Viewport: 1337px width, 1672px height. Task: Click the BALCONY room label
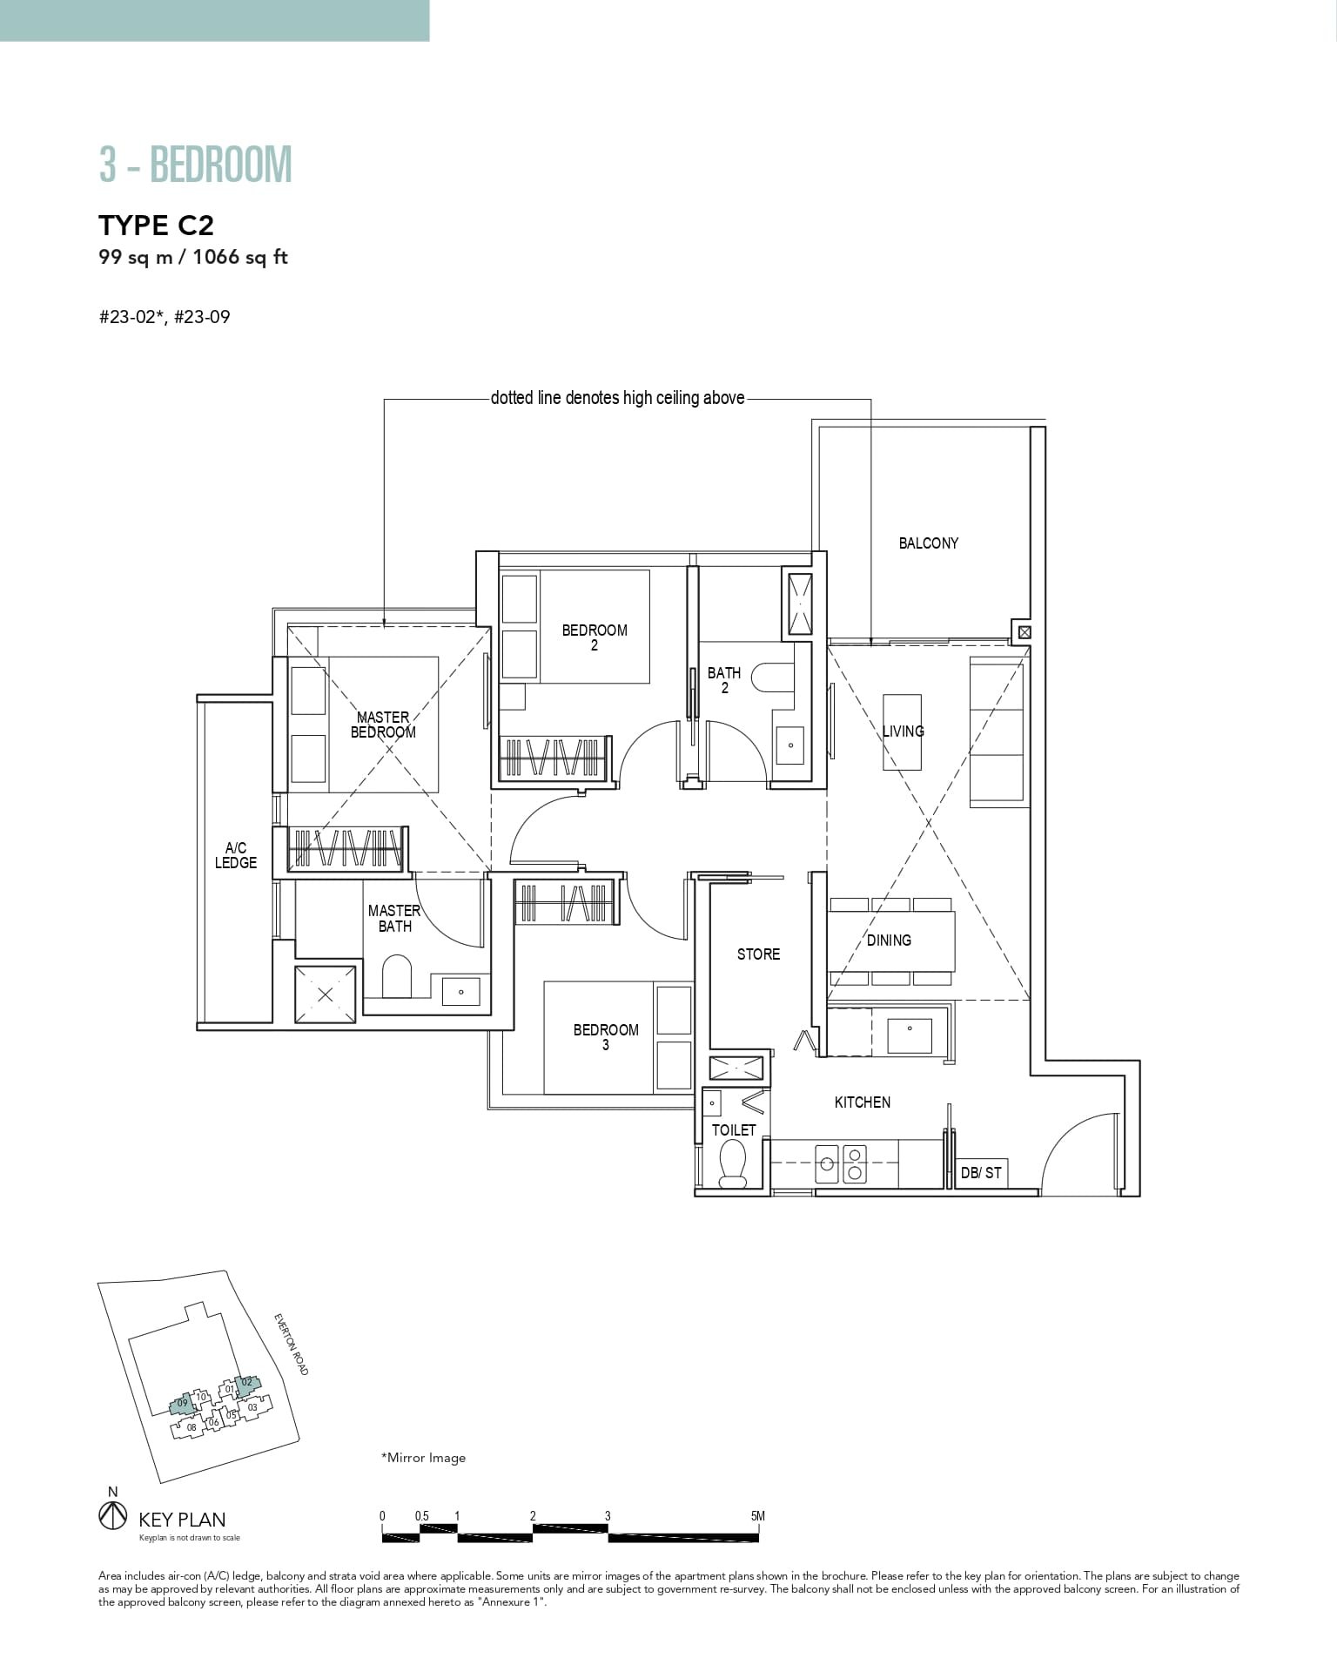(x=928, y=543)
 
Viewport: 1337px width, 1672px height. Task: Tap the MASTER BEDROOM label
(x=383, y=725)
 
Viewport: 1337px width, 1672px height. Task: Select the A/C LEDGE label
(x=236, y=855)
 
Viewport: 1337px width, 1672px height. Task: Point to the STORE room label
(x=758, y=954)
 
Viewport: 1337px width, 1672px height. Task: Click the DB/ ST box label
(x=981, y=1173)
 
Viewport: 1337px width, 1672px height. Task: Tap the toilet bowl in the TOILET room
(x=733, y=1163)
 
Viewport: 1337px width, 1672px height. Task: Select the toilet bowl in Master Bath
(x=396, y=976)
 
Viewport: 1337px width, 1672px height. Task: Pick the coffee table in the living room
(x=903, y=731)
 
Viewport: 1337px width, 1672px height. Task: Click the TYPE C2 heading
(x=157, y=226)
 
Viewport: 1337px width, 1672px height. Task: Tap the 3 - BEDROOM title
(x=196, y=165)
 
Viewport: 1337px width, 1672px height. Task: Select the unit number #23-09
(x=202, y=317)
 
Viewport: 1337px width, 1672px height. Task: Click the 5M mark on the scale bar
(x=758, y=1516)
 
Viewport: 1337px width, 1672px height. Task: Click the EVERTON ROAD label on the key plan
(x=291, y=1345)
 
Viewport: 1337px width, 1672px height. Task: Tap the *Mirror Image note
(x=423, y=1458)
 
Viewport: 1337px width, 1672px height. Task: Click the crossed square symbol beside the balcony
(x=1025, y=632)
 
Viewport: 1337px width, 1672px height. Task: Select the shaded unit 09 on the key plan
(x=182, y=1403)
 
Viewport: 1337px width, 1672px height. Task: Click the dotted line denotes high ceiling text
(x=617, y=399)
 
